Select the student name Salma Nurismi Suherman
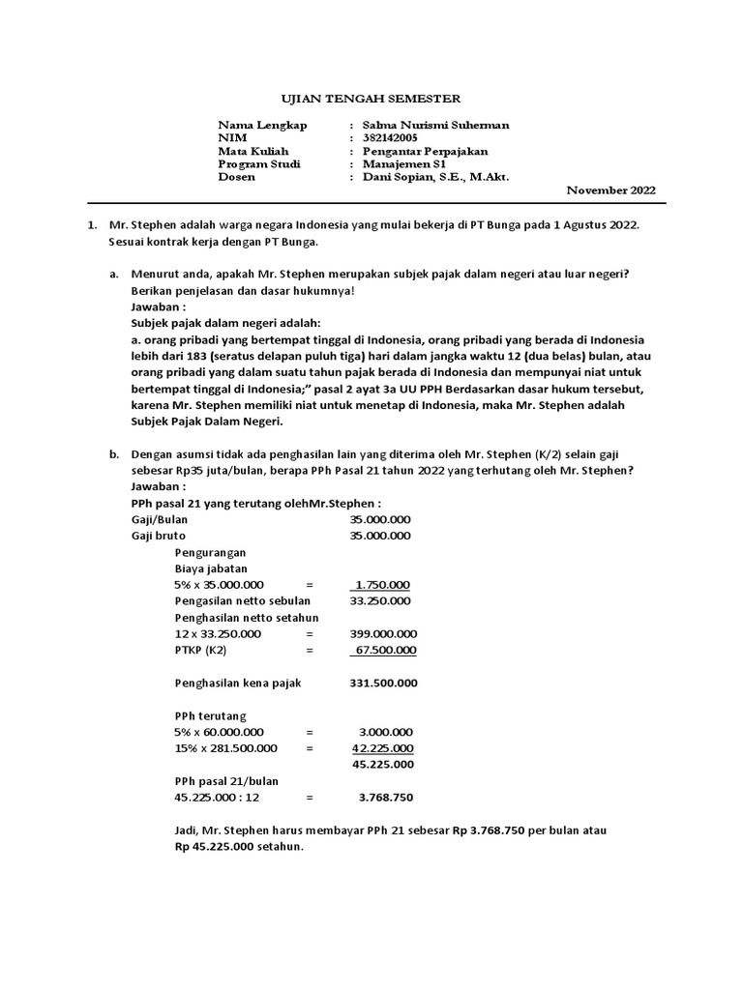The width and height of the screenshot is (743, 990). coord(435,126)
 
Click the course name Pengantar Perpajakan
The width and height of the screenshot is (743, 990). coord(425,152)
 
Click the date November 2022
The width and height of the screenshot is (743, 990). coord(610,190)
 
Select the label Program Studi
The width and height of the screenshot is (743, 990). coord(259,164)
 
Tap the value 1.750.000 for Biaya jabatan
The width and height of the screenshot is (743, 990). coord(383,585)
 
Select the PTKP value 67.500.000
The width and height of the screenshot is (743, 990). coord(386,650)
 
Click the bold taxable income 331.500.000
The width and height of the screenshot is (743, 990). coord(383,683)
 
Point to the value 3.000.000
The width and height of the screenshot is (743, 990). coord(386,732)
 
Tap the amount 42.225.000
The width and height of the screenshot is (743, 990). coord(383,748)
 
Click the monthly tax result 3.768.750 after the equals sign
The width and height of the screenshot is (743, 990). coord(386,798)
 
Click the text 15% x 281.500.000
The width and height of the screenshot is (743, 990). coord(225,748)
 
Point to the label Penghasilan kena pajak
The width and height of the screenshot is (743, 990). coord(238,683)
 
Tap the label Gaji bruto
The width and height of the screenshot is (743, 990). coord(159,536)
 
